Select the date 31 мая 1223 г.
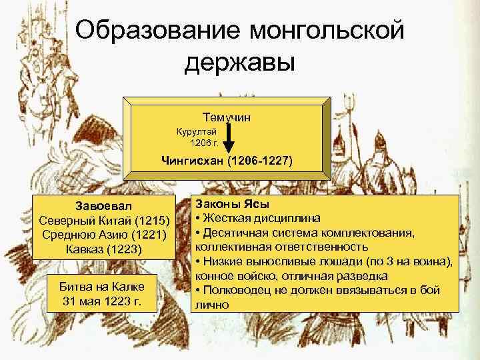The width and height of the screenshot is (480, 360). tap(105, 301)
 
